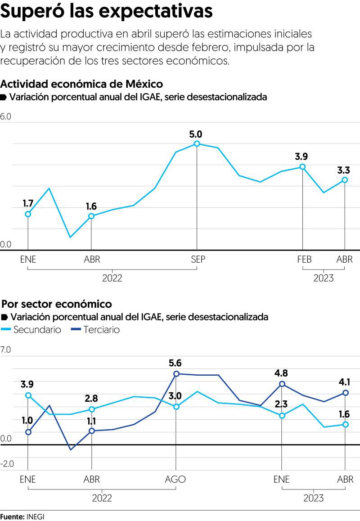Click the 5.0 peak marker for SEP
point(197,144)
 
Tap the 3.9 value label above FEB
point(301,157)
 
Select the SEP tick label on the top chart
point(197,260)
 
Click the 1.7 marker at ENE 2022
point(28,214)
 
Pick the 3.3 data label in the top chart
point(344,170)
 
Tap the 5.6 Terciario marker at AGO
point(176,373)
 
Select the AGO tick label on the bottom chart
point(175,480)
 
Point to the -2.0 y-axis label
point(7,464)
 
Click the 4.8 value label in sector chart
point(281,373)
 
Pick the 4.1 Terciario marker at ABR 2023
point(345,393)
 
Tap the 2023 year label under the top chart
point(323,278)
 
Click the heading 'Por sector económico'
point(57,304)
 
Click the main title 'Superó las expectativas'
point(107,12)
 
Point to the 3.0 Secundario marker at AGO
point(176,407)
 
